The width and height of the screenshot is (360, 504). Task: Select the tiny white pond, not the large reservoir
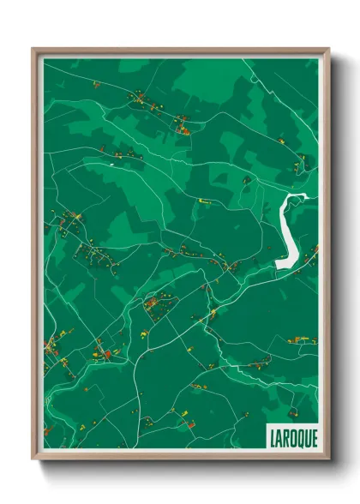click(x=112, y=165)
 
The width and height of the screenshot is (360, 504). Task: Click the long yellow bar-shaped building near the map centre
click(x=205, y=201)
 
